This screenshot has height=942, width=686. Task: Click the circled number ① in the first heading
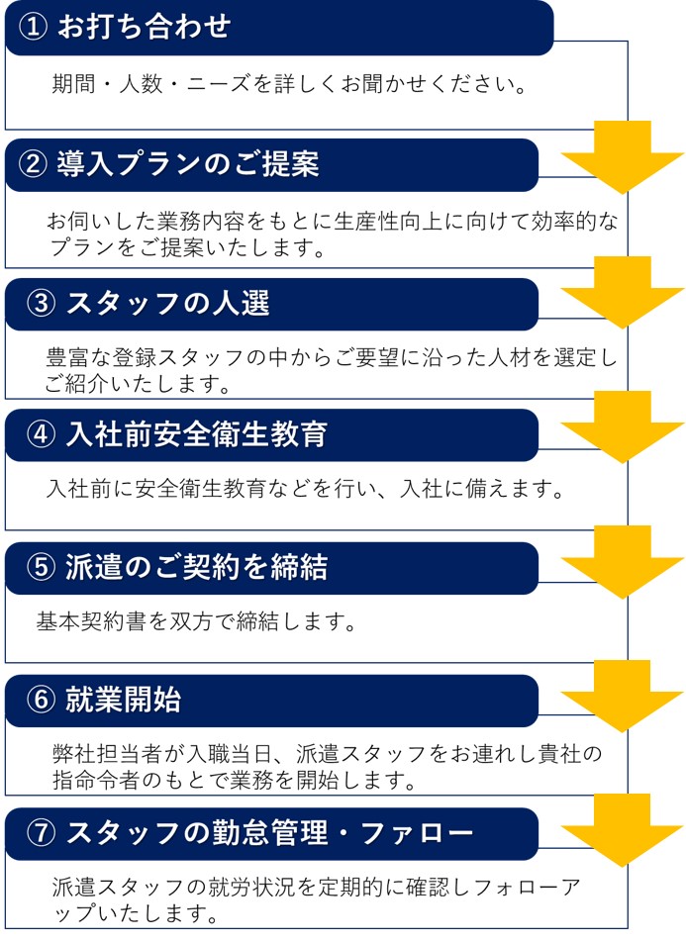tap(33, 27)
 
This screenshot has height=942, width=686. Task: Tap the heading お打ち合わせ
tap(145, 27)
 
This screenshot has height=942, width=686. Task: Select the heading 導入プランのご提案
tap(187, 164)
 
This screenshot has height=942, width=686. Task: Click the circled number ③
tap(42, 303)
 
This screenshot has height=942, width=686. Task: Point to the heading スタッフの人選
tap(167, 303)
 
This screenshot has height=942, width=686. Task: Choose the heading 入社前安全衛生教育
tap(197, 433)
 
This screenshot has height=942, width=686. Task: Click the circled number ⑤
tap(42, 567)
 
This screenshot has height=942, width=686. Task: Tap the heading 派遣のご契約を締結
tap(197, 567)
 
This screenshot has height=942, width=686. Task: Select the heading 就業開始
tap(124, 700)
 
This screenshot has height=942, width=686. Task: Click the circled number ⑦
tap(42, 833)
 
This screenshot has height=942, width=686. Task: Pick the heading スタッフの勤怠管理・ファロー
tap(270, 833)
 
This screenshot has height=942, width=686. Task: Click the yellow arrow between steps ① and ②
tap(623, 157)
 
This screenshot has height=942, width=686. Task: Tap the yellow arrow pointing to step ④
tap(623, 427)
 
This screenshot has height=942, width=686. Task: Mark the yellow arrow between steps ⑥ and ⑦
tap(623, 830)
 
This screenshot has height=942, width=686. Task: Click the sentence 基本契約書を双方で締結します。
tap(197, 621)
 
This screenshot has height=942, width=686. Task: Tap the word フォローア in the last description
tap(528, 887)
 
